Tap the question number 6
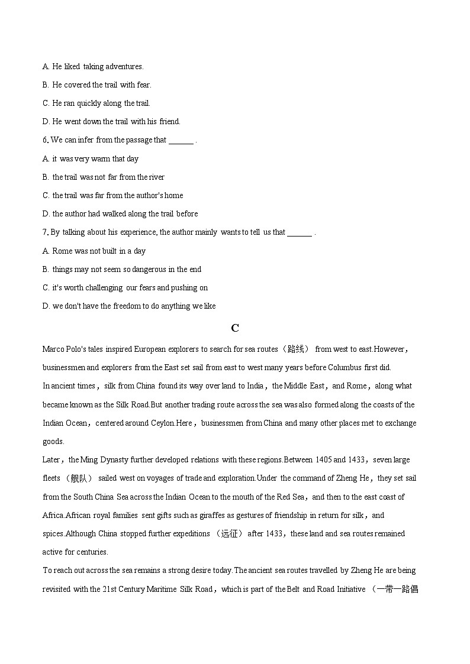45,140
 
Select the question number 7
45,232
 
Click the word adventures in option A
124,66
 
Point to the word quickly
88,103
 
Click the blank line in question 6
181,141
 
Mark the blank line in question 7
300,234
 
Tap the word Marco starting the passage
53,349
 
